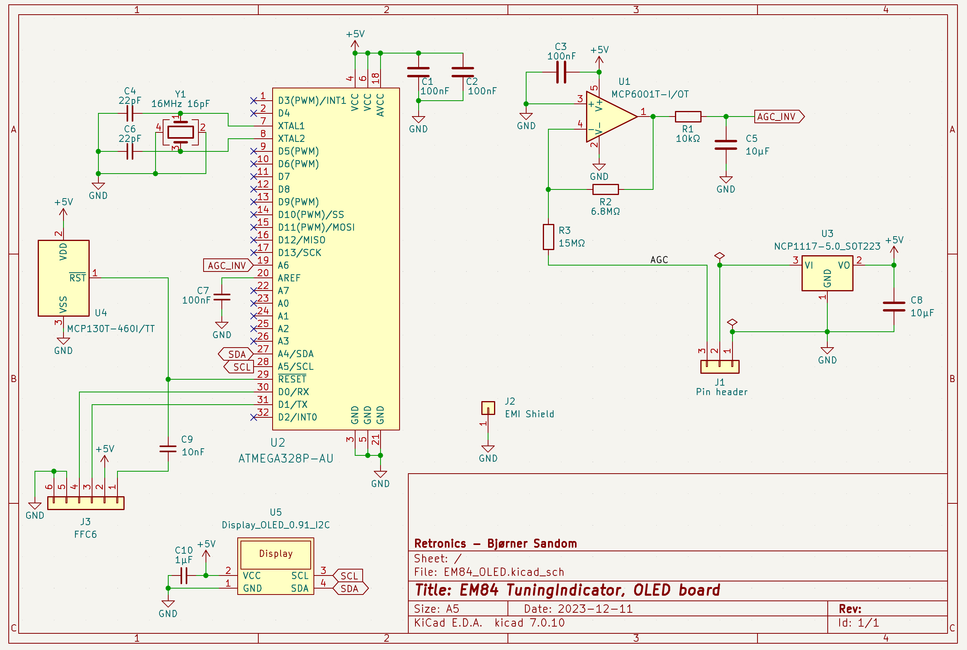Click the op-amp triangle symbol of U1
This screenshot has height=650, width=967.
[x=608, y=117]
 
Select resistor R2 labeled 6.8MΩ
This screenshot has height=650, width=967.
[x=606, y=189]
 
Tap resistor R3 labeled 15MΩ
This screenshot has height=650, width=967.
[x=548, y=237]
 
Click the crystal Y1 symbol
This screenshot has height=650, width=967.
[x=180, y=132]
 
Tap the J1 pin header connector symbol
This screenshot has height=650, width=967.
[x=720, y=367]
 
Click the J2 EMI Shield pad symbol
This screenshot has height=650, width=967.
[x=488, y=408]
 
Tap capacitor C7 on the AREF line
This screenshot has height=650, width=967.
[x=222, y=297]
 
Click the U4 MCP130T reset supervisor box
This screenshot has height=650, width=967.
[x=63, y=278]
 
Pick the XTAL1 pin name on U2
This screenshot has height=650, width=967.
[x=291, y=126]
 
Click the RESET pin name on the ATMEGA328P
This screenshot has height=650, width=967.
[x=292, y=379]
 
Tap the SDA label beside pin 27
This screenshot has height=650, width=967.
[x=236, y=354]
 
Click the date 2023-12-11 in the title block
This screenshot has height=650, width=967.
[x=595, y=609]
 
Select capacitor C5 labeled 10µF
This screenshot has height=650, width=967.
[x=725, y=145]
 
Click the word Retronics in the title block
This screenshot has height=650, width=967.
[x=440, y=543]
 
